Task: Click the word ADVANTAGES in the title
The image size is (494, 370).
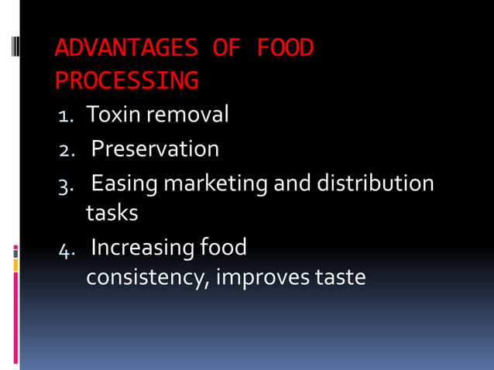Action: [125, 49]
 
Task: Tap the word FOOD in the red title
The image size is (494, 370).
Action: [285, 49]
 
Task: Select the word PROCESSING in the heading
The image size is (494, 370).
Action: [126, 81]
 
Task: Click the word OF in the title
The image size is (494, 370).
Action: [225, 49]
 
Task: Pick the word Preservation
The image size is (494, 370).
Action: [155, 149]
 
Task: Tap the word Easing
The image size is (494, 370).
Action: [124, 183]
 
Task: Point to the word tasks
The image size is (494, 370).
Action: [111, 212]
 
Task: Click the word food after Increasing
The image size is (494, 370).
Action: [223, 248]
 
